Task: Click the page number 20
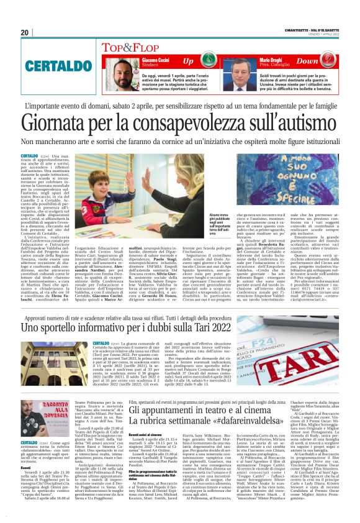(x=25, y=32)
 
